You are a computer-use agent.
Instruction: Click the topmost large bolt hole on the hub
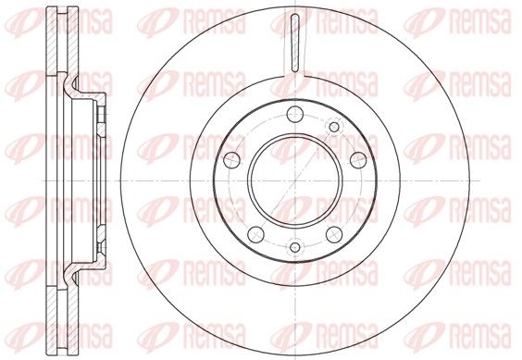(295, 115)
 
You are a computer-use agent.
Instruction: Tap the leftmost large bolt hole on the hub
(231, 160)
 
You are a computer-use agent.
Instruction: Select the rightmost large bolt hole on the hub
(358, 160)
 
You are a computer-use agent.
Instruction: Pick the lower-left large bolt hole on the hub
(256, 234)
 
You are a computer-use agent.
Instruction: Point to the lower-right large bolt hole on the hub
(334, 234)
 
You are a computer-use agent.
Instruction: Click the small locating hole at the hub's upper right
(334, 127)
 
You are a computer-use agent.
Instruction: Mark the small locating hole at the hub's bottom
(295, 247)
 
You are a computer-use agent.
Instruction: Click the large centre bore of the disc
(295, 180)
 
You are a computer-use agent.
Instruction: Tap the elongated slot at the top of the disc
(295, 43)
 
